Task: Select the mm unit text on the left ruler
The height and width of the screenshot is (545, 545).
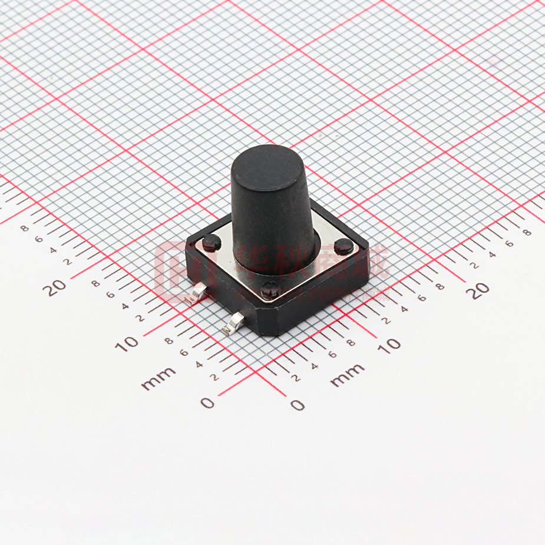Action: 158,378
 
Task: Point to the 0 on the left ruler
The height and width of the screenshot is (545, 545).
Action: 207,403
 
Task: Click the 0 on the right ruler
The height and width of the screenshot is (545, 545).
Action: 298,405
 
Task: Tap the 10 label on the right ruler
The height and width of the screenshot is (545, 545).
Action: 389,345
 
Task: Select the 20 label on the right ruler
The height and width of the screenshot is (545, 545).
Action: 480,290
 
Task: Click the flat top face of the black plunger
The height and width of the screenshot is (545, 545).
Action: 268,161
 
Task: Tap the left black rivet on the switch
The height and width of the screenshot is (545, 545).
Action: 212,242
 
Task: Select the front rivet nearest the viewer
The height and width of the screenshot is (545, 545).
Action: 270,289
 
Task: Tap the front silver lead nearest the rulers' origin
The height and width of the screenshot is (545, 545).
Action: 234,322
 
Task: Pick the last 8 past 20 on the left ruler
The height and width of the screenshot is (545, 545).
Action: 24,228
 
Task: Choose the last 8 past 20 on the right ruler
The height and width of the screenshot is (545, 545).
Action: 526,232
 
